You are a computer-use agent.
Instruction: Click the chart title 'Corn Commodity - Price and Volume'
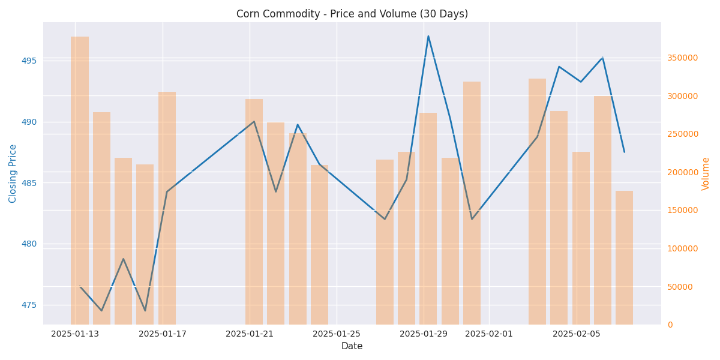(352, 14)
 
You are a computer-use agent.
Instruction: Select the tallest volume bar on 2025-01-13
(80, 180)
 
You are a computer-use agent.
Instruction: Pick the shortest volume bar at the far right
(624, 257)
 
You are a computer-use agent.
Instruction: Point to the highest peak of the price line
(428, 36)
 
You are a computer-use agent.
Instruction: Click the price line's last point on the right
(624, 152)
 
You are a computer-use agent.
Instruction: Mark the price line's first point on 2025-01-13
(80, 286)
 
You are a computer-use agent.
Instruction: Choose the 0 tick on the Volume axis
(670, 325)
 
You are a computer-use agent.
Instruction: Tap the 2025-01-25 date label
(337, 334)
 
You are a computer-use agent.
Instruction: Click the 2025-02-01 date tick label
(489, 334)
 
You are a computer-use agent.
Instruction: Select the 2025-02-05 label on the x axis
(577, 334)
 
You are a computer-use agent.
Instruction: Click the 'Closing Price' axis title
(13, 173)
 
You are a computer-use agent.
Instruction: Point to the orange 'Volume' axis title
(706, 173)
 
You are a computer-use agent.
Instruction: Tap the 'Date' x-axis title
(352, 346)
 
